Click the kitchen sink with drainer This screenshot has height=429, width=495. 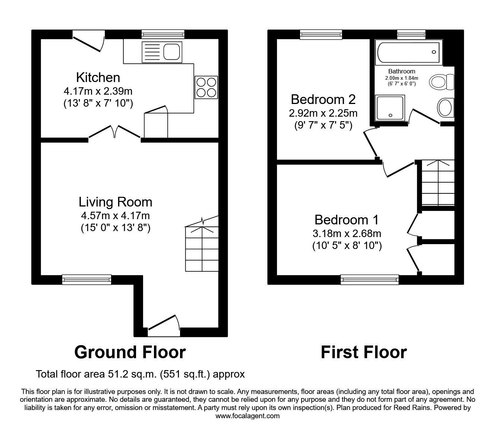[x=161, y=52]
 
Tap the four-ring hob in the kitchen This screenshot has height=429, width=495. [x=206, y=87]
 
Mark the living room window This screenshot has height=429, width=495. [x=86, y=279]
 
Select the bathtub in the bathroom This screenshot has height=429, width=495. [x=408, y=53]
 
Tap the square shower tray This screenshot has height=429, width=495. [x=390, y=108]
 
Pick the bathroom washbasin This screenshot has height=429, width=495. [x=445, y=108]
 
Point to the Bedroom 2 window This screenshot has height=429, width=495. [x=321, y=35]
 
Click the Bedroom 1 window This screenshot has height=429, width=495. [x=369, y=279]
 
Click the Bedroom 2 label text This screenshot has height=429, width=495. [x=323, y=100]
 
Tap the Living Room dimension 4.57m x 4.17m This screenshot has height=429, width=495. [x=115, y=215]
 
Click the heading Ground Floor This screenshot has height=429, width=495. [x=130, y=352]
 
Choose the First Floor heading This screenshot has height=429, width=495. [x=363, y=352]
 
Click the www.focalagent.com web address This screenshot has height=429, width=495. [x=248, y=416]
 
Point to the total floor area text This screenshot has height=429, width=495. [x=140, y=374]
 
